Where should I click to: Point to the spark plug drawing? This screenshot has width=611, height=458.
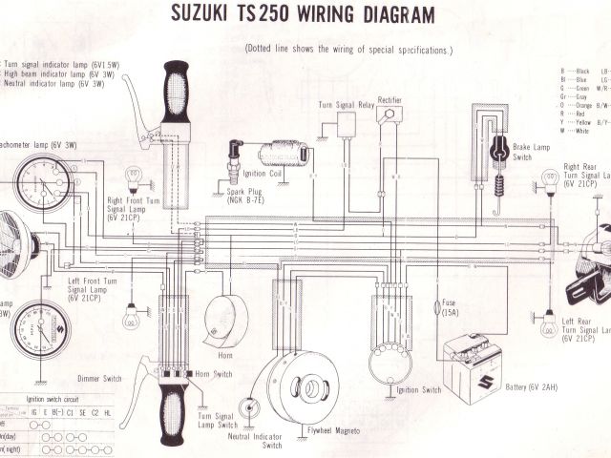(x=233, y=163)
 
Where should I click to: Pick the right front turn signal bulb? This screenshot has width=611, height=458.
(x=135, y=178)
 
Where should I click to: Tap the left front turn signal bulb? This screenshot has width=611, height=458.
(x=132, y=319)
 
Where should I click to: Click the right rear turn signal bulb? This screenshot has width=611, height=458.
(x=550, y=179)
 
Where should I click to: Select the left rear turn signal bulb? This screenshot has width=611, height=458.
(x=549, y=326)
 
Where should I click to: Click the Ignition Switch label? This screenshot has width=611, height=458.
(x=419, y=390)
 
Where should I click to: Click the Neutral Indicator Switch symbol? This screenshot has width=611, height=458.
(x=252, y=406)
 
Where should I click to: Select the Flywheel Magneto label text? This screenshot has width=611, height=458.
(x=334, y=431)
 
